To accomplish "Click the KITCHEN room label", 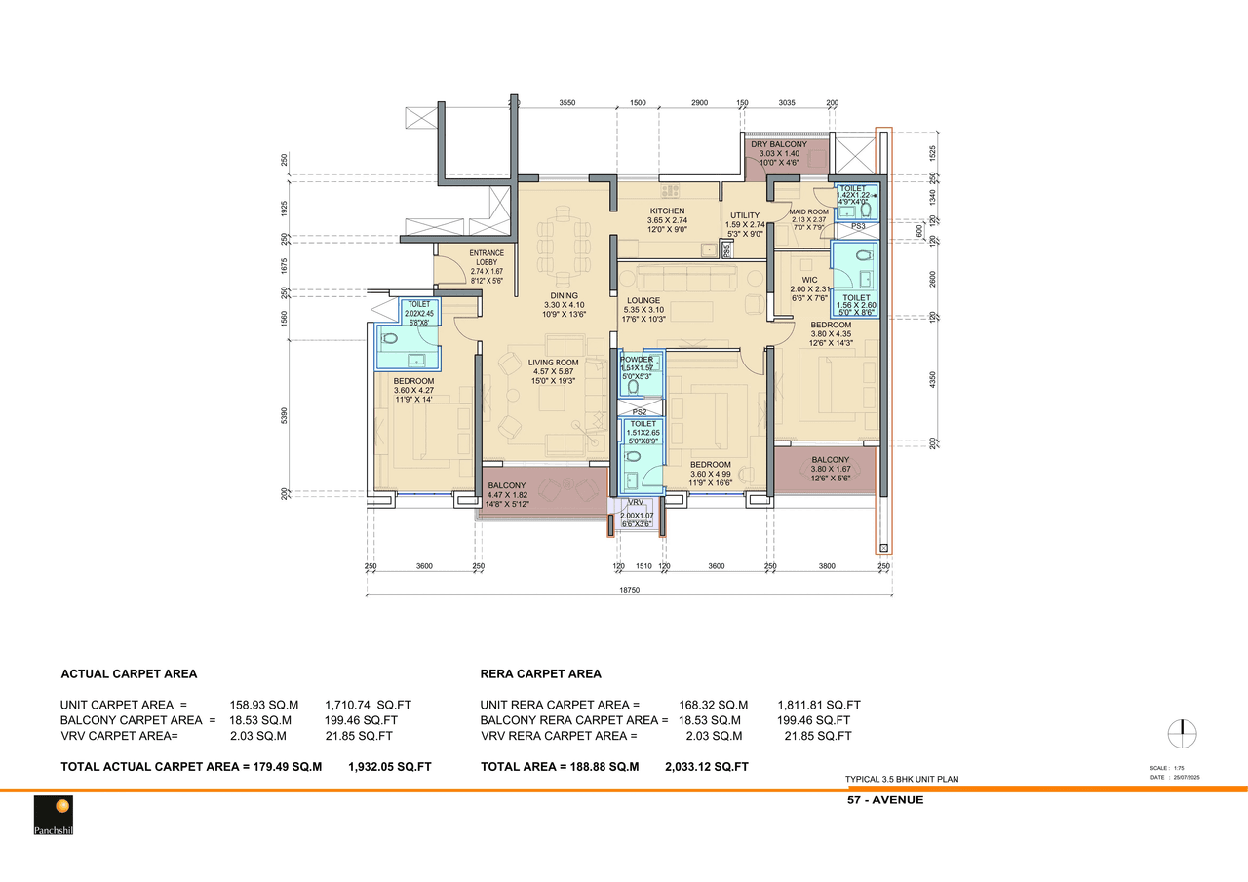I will (667, 211).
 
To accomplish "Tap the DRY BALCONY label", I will (778, 144).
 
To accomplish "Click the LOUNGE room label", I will (643, 301).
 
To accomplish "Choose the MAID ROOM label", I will (808, 211).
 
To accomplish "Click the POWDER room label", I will (637, 360).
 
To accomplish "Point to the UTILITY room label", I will (745, 216).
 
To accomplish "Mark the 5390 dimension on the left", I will (286, 416).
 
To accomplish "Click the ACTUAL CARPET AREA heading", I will (129, 673).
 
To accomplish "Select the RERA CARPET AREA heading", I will (540, 673).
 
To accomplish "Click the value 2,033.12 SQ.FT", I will (706, 767).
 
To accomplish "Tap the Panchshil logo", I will (54, 815).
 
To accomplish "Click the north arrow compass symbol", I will (1182, 734).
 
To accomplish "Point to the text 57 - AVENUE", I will (885, 800).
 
